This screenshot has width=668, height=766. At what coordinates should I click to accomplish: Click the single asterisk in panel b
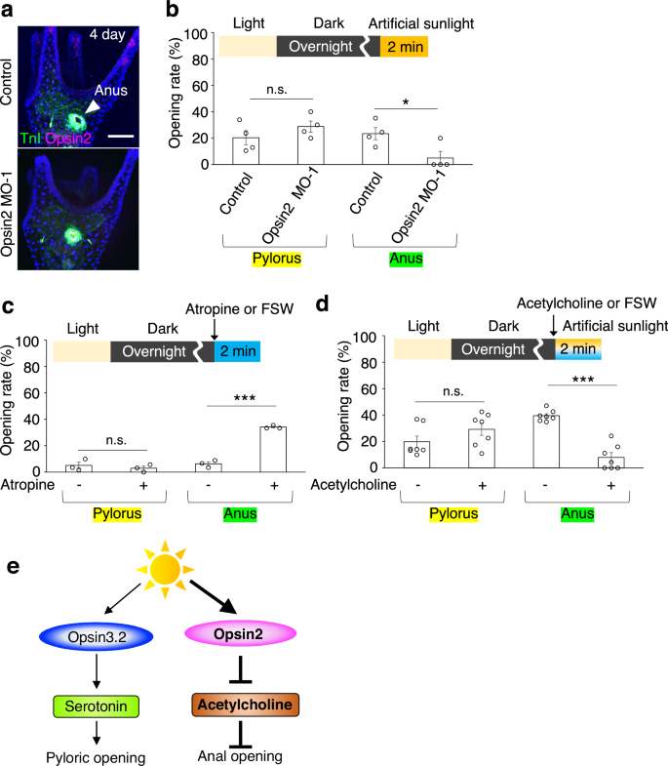[406, 101]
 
